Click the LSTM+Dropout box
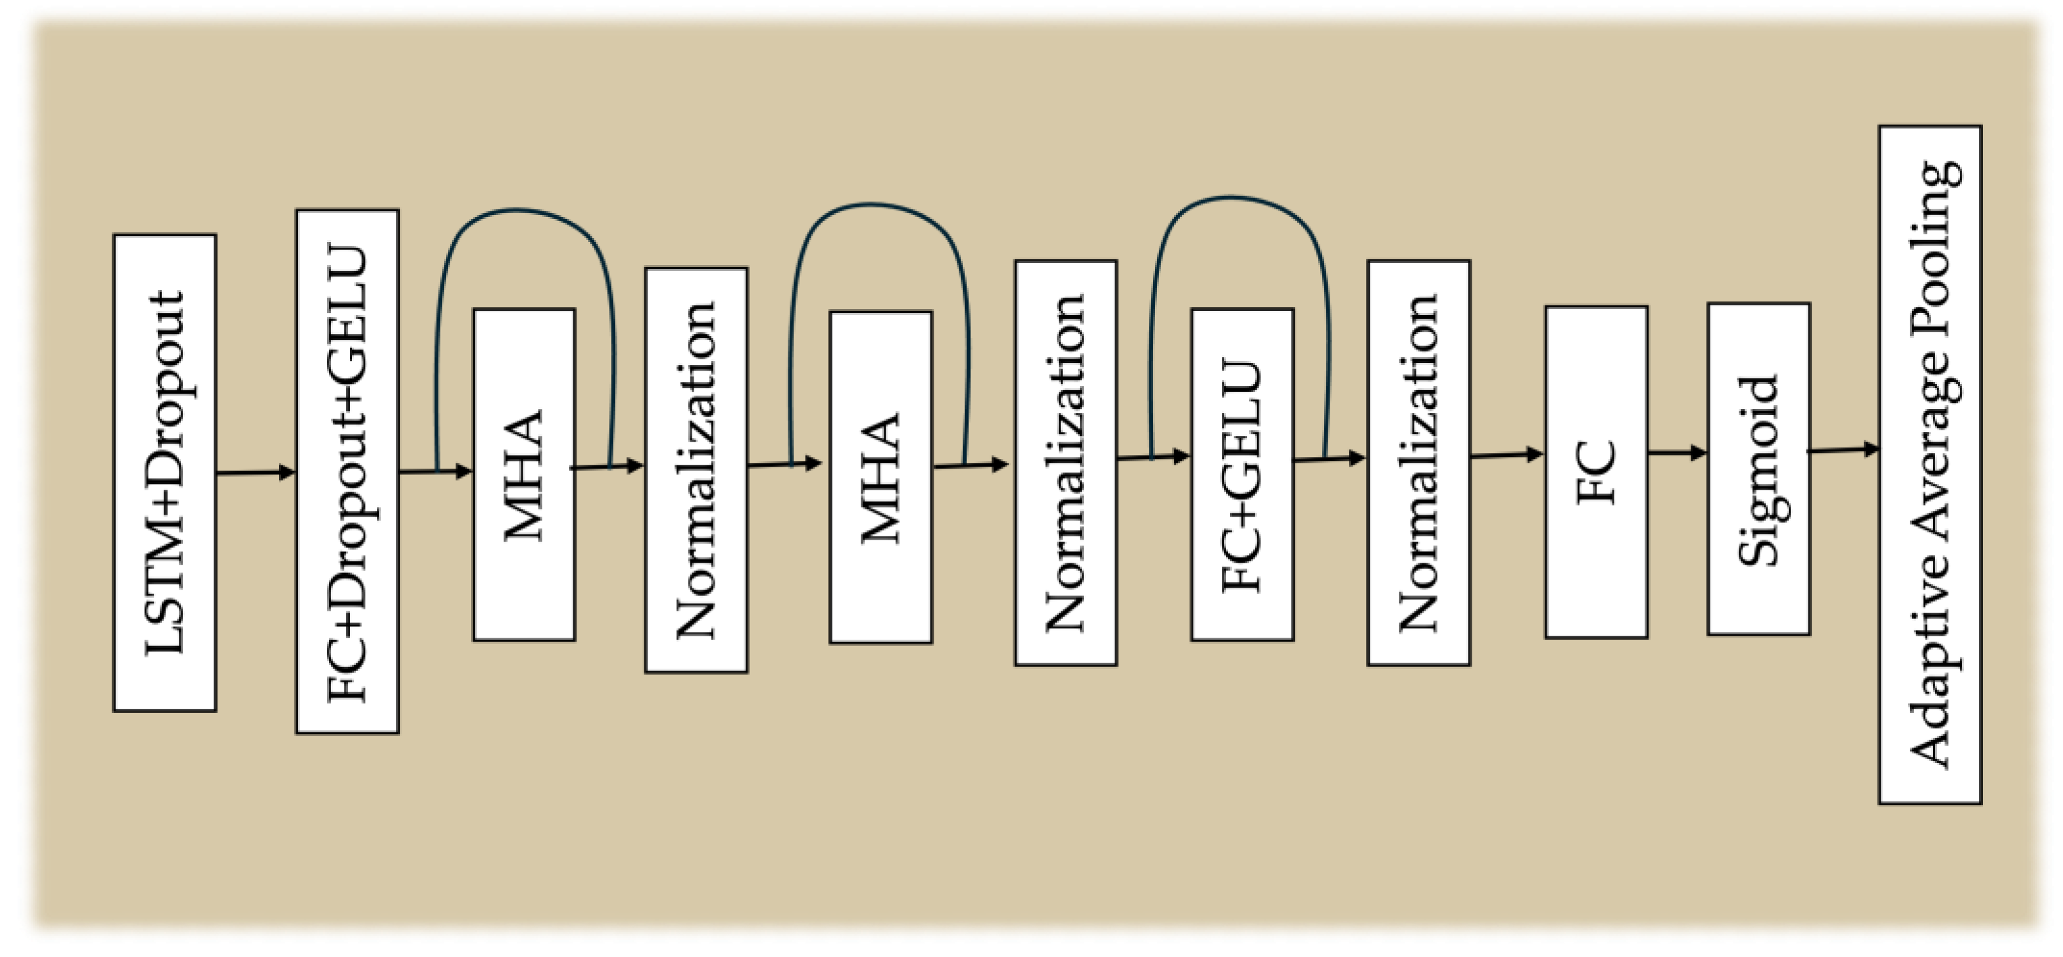click(x=165, y=472)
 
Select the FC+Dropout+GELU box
click(x=347, y=472)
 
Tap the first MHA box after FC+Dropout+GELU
click(x=524, y=475)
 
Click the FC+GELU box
click(x=1242, y=475)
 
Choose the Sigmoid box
click(x=1758, y=469)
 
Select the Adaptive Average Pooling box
click(x=1930, y=465)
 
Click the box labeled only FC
click(x=1596, y=472)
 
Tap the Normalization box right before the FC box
click(x=1418, y=463)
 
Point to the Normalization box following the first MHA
click(x=696, y=470)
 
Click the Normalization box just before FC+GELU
click(x=1065, y=463)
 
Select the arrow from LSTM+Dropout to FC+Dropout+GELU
click(x=255, y=473)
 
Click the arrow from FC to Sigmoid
click(x=1677, y=453)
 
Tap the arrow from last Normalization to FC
click(x=1506, y=456)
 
